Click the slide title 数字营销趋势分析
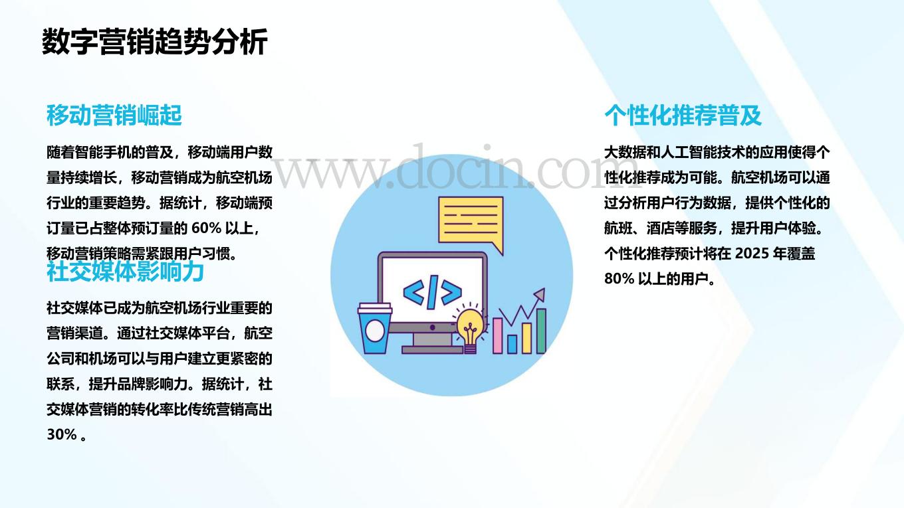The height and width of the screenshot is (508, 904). (155, 41)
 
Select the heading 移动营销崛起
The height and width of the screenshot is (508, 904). (114, 116)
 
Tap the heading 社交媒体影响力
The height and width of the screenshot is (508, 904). (126, 271)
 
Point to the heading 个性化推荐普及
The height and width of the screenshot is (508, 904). (683, 116)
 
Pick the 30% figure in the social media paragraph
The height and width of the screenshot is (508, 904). (62, 434)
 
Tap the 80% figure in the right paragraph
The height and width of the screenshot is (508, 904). (619, 279)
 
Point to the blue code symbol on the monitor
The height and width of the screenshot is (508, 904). (432, 292)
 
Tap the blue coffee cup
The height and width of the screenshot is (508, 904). (375, 329)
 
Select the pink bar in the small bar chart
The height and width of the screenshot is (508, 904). (498, 336)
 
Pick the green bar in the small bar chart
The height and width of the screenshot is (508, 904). (541, 331)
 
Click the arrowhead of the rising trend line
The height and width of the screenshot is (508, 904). (540, 294)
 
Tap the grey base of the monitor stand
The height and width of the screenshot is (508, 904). (432, 349)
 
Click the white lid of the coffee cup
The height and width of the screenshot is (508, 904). (375, 309)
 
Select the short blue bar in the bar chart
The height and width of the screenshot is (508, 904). (512, 344)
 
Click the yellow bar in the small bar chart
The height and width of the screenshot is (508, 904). (526, 338)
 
